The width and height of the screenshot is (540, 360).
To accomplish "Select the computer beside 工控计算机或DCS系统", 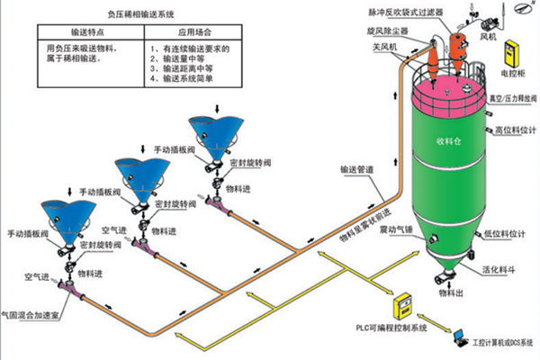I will pos(460,337).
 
